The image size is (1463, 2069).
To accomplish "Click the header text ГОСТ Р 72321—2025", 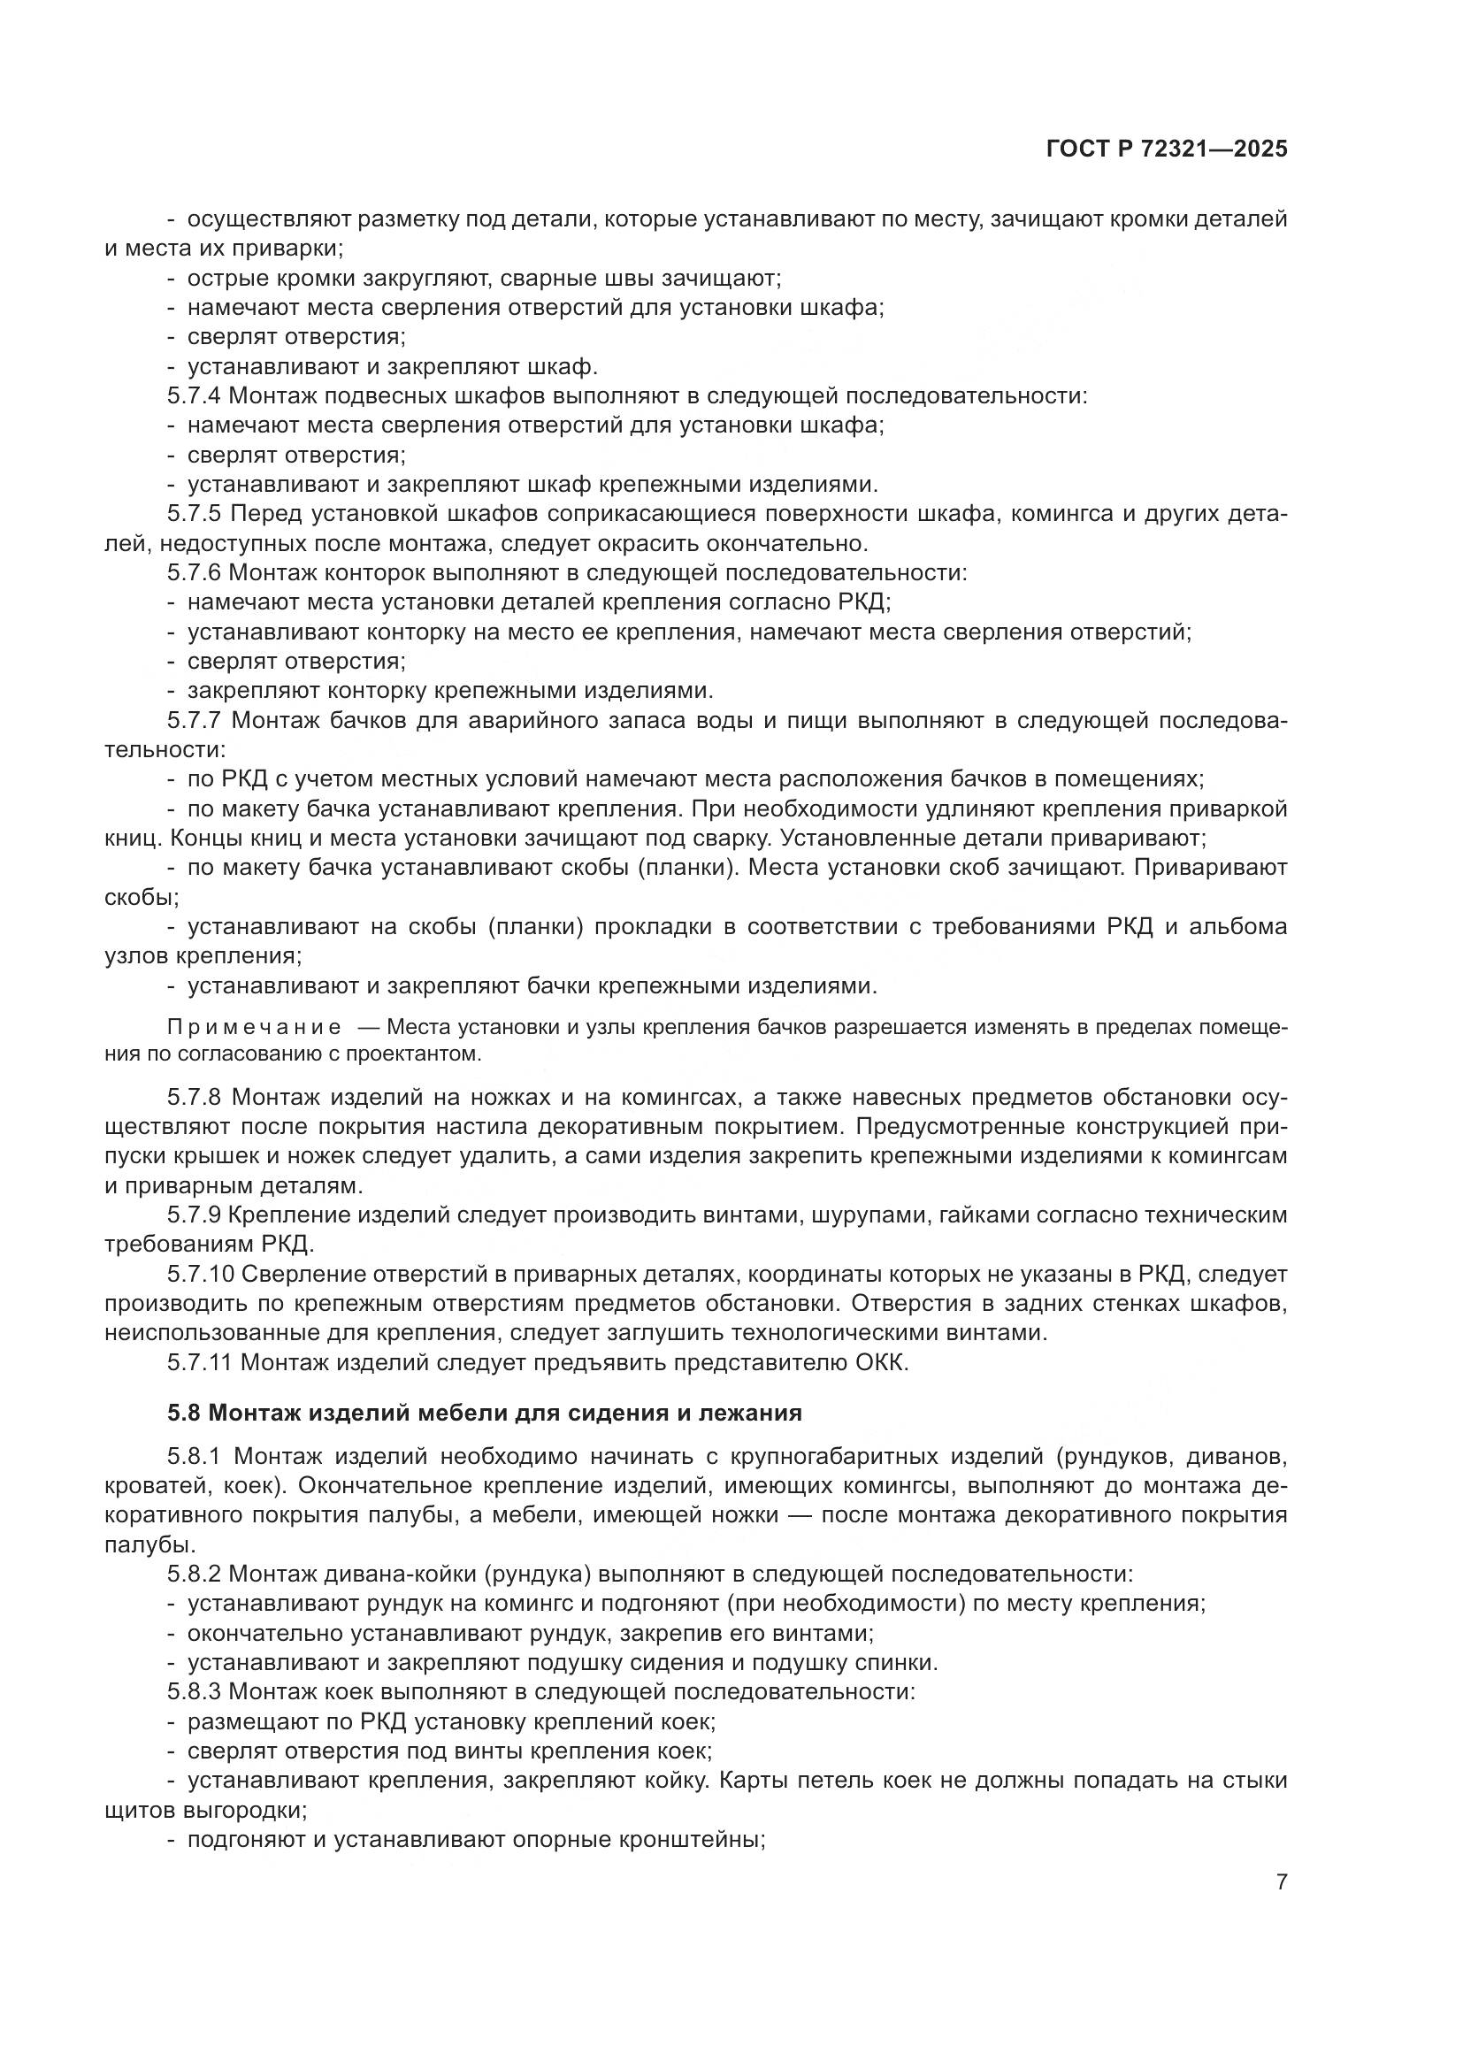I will (x=1167, y=149).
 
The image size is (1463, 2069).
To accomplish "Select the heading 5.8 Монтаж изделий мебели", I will (x=485, y=1413).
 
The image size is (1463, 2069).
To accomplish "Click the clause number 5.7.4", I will (x=194, y=395).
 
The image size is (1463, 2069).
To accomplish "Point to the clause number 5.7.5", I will (x=194, y=514).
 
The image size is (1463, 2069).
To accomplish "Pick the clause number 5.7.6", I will (x=194, y=573).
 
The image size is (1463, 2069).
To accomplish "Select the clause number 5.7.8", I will (x=194, y=1098).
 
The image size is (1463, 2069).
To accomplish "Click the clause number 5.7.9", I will (x=194, y=1215).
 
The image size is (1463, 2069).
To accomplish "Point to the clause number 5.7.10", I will (x=200, y=1274).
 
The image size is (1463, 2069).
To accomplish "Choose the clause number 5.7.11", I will (x=200, y=1362).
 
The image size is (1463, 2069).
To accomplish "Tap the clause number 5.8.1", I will (x=194, y=1456).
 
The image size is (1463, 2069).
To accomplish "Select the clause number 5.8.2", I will (x=194, y=1575).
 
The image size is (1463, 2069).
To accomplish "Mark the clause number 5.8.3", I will (x=194, y=1691).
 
